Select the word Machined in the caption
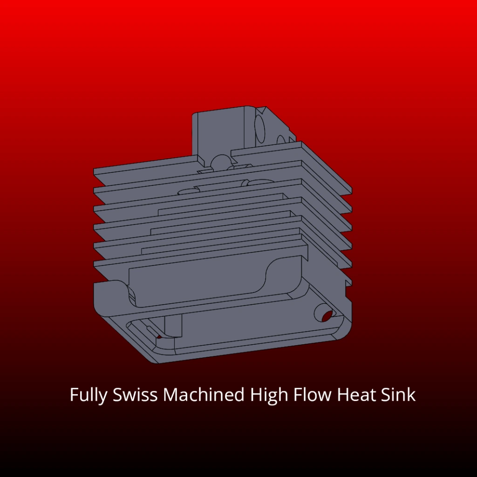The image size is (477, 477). [x=203, y=395]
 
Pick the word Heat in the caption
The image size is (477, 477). [x=357, y=395]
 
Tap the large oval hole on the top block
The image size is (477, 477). [x=260, y=125]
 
